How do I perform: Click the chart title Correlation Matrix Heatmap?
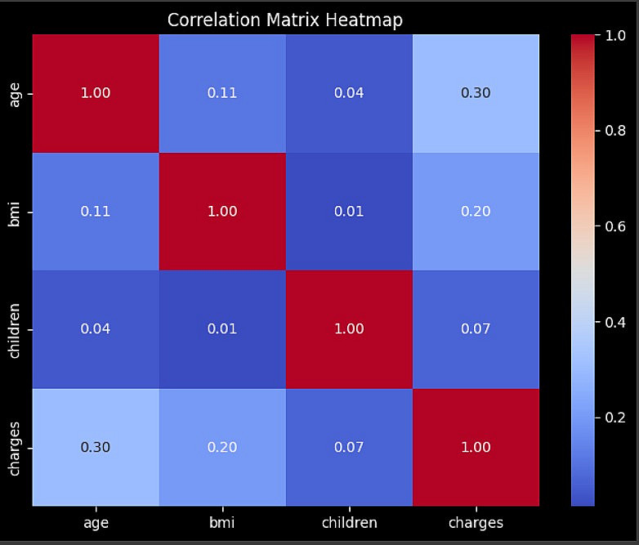[x=285, y=20]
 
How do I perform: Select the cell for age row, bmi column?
[x=222, y=93]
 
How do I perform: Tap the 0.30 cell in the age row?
[x=476, y=93]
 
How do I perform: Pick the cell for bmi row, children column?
[x=349, y=212]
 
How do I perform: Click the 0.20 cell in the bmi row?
[x=476, y=212]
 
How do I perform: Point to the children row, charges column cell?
[x=476, y=329]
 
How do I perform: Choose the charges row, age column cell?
[x=96, y=447]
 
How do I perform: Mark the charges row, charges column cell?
[x=476, y=447]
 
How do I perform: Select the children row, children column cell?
[x=349, y=329]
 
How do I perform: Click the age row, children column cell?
[x=349, y=93]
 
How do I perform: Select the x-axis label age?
[x=96, y=523]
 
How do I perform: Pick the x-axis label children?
[x=349, y=523]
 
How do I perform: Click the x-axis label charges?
[x=476, y=523]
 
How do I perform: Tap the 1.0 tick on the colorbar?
[x=614, y=35]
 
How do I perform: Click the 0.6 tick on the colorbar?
[x=614, y=226]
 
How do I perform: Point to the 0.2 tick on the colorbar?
[x=614, y=418]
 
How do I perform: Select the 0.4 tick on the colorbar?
[x=614, y=322]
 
